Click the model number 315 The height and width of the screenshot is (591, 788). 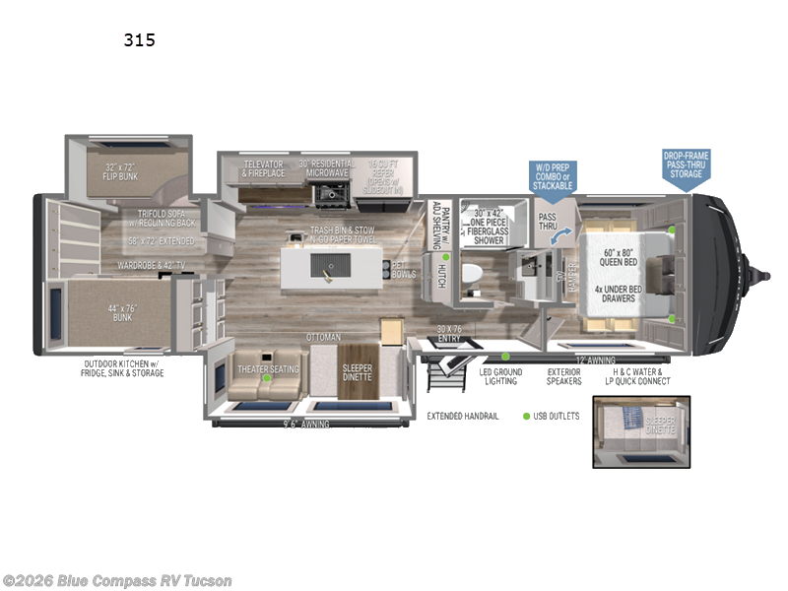pos(139,40)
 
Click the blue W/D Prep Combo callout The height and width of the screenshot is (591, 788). pos(553,177)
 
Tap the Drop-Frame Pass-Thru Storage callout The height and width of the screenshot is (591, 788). pos(686,164)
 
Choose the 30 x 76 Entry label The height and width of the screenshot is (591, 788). pos(448,334)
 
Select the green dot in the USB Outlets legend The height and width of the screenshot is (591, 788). pos(527,417)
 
